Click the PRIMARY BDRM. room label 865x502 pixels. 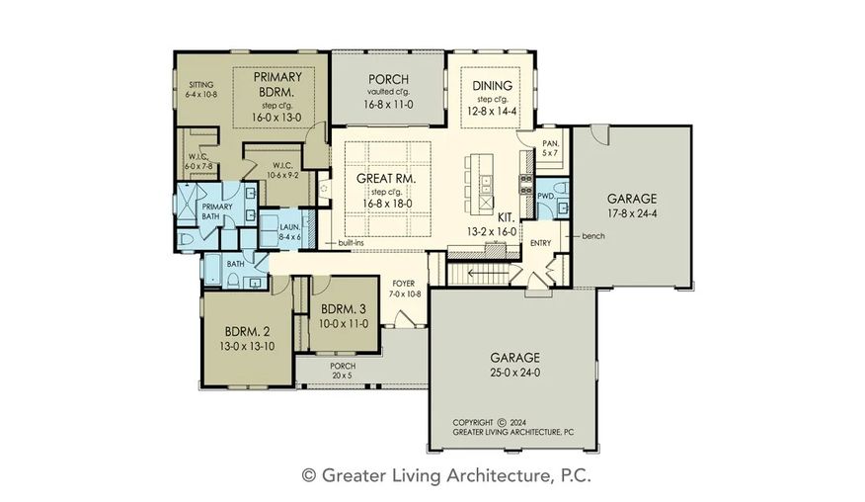(276, 84)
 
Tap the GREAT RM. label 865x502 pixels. (386, 179)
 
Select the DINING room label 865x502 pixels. (492, 86)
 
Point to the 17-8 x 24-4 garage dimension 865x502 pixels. (632, 213)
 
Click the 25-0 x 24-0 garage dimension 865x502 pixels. (514, 373)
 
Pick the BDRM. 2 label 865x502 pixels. (247, 332)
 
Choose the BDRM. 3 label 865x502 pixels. (343, 309)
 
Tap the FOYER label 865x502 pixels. (404, 284)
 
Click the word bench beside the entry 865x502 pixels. (593, 236)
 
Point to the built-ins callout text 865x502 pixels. (351, 243)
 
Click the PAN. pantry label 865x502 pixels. (551, 143)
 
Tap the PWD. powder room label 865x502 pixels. (546, 196)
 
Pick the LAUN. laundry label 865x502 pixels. (290, 227)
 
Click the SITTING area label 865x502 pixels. (200, 85)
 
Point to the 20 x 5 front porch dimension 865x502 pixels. (342, 376)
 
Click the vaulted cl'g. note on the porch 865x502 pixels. (388, 92)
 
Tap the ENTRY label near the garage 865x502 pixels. (541, 243)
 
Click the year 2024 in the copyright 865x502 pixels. (518, 422)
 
